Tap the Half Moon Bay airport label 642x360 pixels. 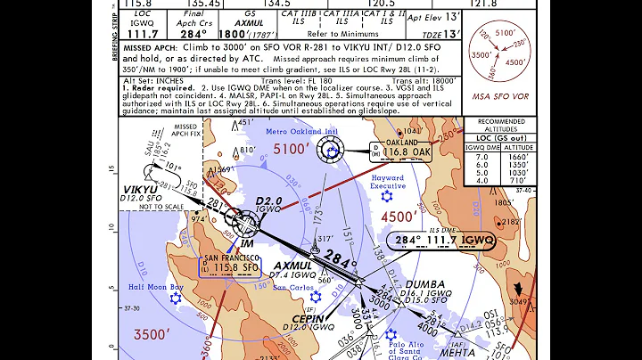(155, 286)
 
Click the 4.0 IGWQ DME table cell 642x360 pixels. (481, 182)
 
